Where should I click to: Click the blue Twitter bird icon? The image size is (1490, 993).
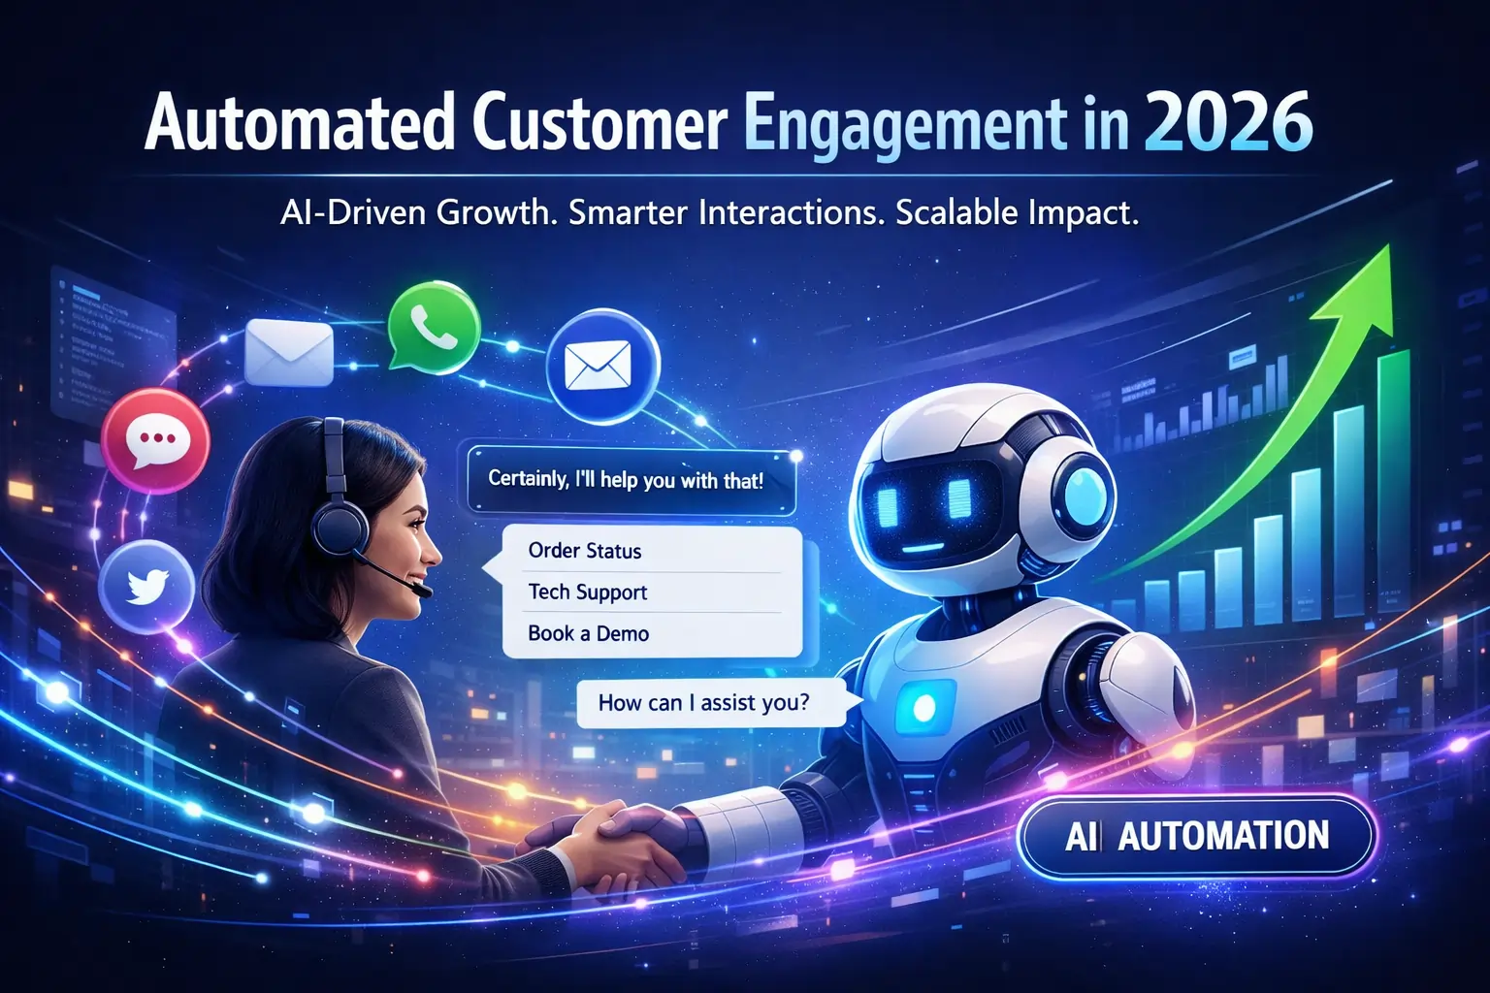point(146,585)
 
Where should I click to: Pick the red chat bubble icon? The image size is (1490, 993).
point(155,441)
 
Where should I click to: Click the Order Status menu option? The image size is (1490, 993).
point(585,551)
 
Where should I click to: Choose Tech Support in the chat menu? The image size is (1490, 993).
point(587,592)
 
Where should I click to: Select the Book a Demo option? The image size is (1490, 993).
point(588,633)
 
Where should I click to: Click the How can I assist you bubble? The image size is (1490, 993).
point(704,702)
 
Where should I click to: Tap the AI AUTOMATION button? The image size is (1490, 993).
point(1196,836)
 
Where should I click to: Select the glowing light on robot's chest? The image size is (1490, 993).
point(923,707)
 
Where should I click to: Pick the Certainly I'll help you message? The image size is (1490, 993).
point(626,479)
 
